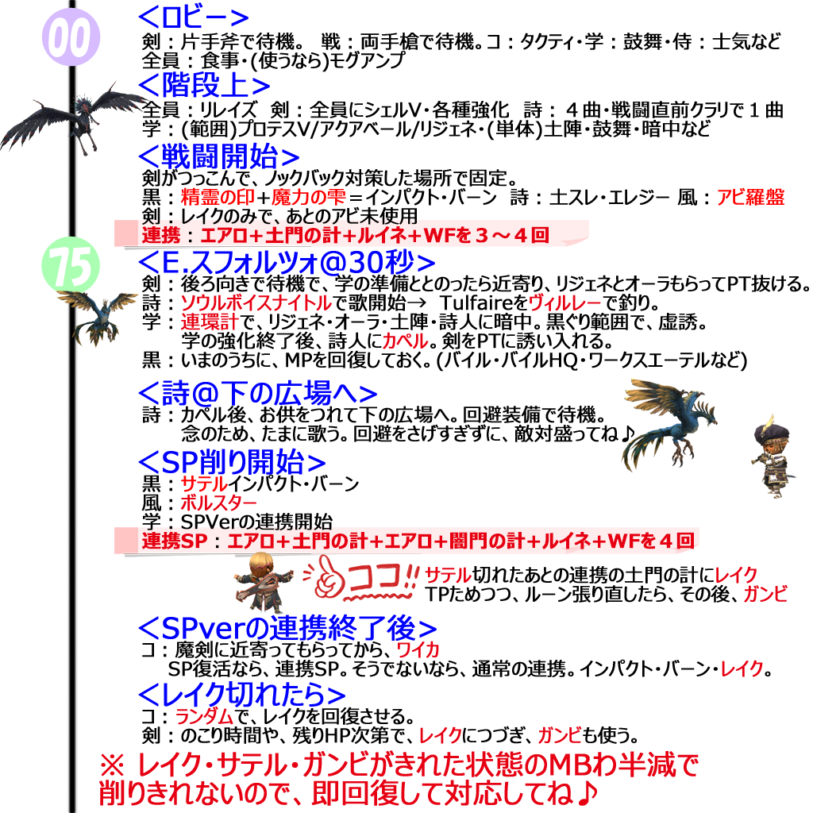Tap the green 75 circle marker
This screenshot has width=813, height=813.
70,267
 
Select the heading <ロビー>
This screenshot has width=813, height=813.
194,17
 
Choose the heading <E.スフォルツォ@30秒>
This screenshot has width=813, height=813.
287,261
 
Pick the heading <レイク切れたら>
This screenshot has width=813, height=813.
241,694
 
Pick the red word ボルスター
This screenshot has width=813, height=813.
218,503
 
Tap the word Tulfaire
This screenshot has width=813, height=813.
468,302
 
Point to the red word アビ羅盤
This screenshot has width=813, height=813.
750,198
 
